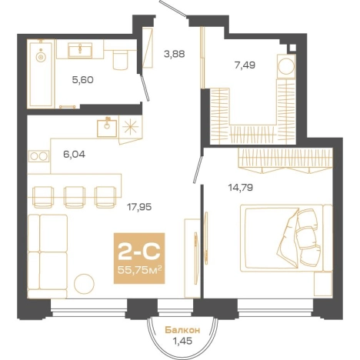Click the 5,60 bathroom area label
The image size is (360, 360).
pyautogui.click(x=83, y=80)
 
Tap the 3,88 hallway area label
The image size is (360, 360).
pyautogui.click(x=175, y=54)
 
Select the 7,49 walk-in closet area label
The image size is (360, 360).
pyautogui.click(x=245, y=65)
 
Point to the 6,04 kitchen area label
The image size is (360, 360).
pyautogui.click(x=75, y=155)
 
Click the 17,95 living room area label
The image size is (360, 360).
pyautogui.click(x=139, y=207)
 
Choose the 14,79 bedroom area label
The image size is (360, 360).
pyautogui.click(x=241, y=188)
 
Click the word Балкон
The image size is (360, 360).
pyautogui.click(x=182, y=330)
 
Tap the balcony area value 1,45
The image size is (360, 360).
pyautogui.click(x=182, y=342)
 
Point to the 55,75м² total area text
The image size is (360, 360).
pyautogui.click(x=139, y=270)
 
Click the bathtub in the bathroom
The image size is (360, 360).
pyautogui.click(x=41, y=74)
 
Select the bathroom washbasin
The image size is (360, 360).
pyautogui.click(x=80, y=50)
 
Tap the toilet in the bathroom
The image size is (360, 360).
pyautogui.click(x=120, y=60)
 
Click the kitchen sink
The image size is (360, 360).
pyautogui.click(x=107, y=128)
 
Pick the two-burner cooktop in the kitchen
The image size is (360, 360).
pyautogui.click(x=38, y=156)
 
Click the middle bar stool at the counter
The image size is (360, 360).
pyautogui.click(x=75, y=197)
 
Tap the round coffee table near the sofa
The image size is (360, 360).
pyautogui.click(x=84, y=284)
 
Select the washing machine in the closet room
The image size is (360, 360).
pyautogui.click(x=286, y=66)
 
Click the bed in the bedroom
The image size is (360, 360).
pyautogui.click(x=286, y=238)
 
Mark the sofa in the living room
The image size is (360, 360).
pyautogui.click(x=48, y=256)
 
